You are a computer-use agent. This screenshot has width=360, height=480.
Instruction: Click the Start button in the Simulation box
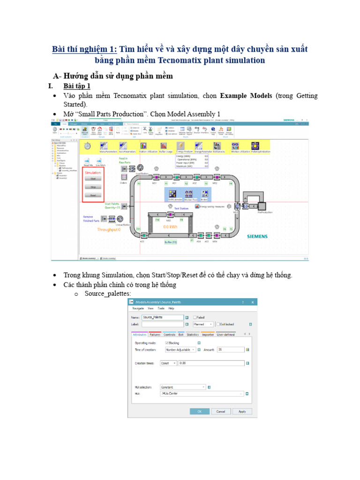click(93, 179)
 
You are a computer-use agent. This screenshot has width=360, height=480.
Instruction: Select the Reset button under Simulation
click(93, 195)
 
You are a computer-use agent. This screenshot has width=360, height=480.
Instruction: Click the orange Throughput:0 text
click(108, 230)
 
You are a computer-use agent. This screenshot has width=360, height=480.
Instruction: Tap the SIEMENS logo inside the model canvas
click(257, 237)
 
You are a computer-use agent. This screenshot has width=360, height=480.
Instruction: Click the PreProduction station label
click(264, 212)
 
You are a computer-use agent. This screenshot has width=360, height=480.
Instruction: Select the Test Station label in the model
click(181, 208)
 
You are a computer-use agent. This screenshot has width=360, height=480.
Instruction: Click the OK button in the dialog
click(199, 411)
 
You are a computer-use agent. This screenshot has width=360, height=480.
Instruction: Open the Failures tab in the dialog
click(155, 335)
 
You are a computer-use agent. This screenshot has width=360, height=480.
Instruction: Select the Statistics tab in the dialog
click(193, 335)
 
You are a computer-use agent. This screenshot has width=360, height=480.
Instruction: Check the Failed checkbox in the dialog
click(195, 317)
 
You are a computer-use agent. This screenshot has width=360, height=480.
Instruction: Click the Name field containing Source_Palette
click(162, 317)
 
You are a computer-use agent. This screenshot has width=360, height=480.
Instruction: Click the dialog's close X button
click(253, 302)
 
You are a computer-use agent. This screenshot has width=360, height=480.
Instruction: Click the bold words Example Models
click(246, 96)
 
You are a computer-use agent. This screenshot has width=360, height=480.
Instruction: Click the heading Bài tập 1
click(77, 86)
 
